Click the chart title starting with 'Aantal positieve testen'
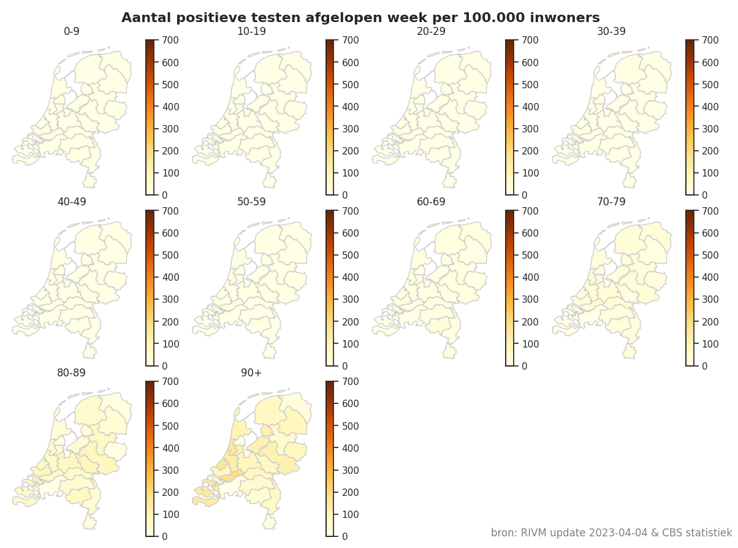point(360,18)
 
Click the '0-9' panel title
point(72,31)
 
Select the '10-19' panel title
point(251,31)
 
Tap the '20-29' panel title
point(432,31)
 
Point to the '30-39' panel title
point(611,31)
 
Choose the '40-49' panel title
point(72,202)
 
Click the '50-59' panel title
point(251,202)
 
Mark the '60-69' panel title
point(432,202)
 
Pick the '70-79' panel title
point(611,202)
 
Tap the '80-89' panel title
point(72,373)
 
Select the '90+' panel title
point(251,373)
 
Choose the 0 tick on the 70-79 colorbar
point(704,366)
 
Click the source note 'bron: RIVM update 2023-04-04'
point(611,533)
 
